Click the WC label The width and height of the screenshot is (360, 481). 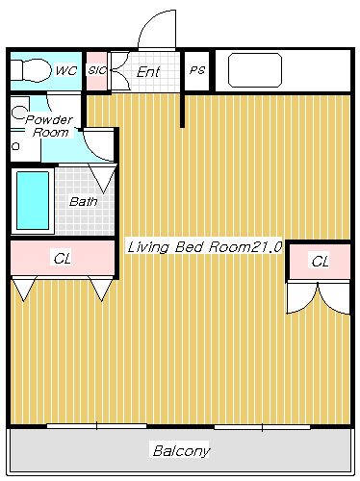pyautogui.click(x=65, y=70)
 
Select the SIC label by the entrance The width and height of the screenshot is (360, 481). pyautogui.click(x=96, y=70)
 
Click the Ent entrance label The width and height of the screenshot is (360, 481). pyautogui.click(x=148, y=71)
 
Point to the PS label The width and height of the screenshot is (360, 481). pyautogui.click(x=196, y=70)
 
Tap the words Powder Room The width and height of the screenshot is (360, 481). pyautogui.click(x=49, y=125)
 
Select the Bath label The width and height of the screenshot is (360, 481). pyautogui.click(x=83, y=202)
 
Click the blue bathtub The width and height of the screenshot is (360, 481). pyautogui.click(x=31, y=199)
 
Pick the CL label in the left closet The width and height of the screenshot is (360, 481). pyautogui.click(x=62, y=258)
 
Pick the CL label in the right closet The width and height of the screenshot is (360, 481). pyautogui.click(x=320, y=261)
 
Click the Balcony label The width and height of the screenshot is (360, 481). pyautogui.click(x=181, y=450)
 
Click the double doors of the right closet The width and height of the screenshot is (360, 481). pyautogui.click(x=319, y=296)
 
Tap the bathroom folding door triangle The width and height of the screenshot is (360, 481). pyautogui.click(x=103, y=177)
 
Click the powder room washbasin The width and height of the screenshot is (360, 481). pyautogui.click(x=18, y=114)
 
